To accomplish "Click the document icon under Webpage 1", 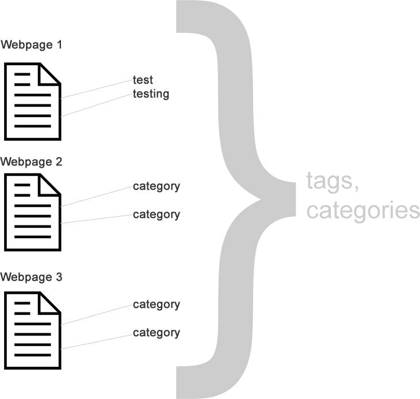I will (32, 101).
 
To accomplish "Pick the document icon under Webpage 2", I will (32, 213).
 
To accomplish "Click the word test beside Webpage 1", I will (143, 80).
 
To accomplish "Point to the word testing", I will (151, 93).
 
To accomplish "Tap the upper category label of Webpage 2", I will (156, 186).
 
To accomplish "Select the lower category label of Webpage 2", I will (156, 214).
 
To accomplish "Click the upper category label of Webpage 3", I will (156, 304).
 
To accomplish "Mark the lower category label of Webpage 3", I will (156, 333).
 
